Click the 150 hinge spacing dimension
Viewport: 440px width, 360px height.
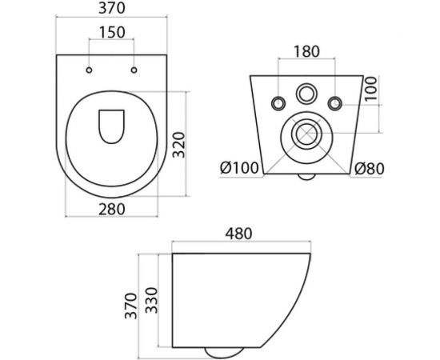tap(112, 34)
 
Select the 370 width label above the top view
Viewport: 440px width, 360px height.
tap(112, 9)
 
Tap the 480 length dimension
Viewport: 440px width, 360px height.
tap(238, 234)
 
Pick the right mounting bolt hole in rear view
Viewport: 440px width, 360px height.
tap(335, 102)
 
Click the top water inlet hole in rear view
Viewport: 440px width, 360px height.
tap(306, 92)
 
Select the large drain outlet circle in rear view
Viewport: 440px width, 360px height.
tap(306, 134)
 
